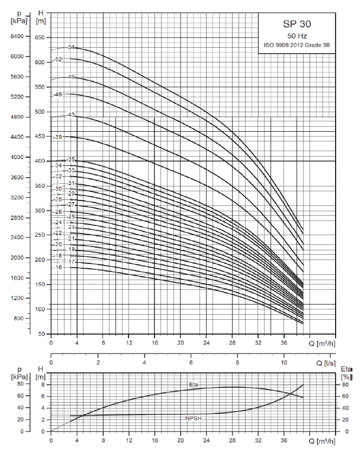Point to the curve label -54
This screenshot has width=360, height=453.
tap(70, 48)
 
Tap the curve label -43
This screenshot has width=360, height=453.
tap(70, 115)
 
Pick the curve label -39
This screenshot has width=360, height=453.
tap(59, 138)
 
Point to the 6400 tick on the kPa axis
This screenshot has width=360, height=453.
tap(17, 36)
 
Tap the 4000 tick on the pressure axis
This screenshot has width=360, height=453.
tap(17, 158)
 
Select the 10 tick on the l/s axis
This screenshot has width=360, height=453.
tap(284, 362)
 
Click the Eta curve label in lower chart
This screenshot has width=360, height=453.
tap(194, 385)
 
